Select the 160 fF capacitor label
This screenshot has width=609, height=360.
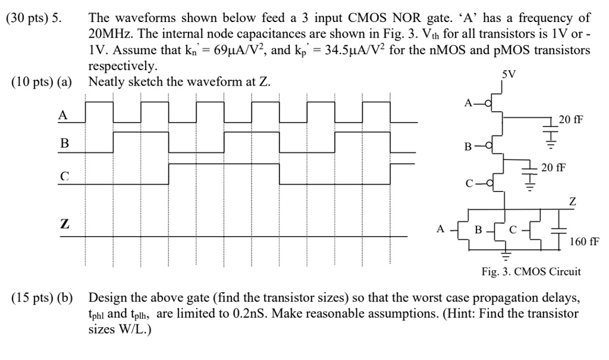[x=584, y=242]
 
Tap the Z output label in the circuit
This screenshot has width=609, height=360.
[x=572, y=202]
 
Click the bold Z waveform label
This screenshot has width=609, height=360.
[x=64, y=224]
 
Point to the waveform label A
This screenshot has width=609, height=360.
[x=62, y=116]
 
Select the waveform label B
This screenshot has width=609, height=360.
[x=65, y=143]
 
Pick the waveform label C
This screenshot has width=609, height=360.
[x=65, y=176]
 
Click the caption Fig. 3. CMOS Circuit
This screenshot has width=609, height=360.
[x=530, y=272]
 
